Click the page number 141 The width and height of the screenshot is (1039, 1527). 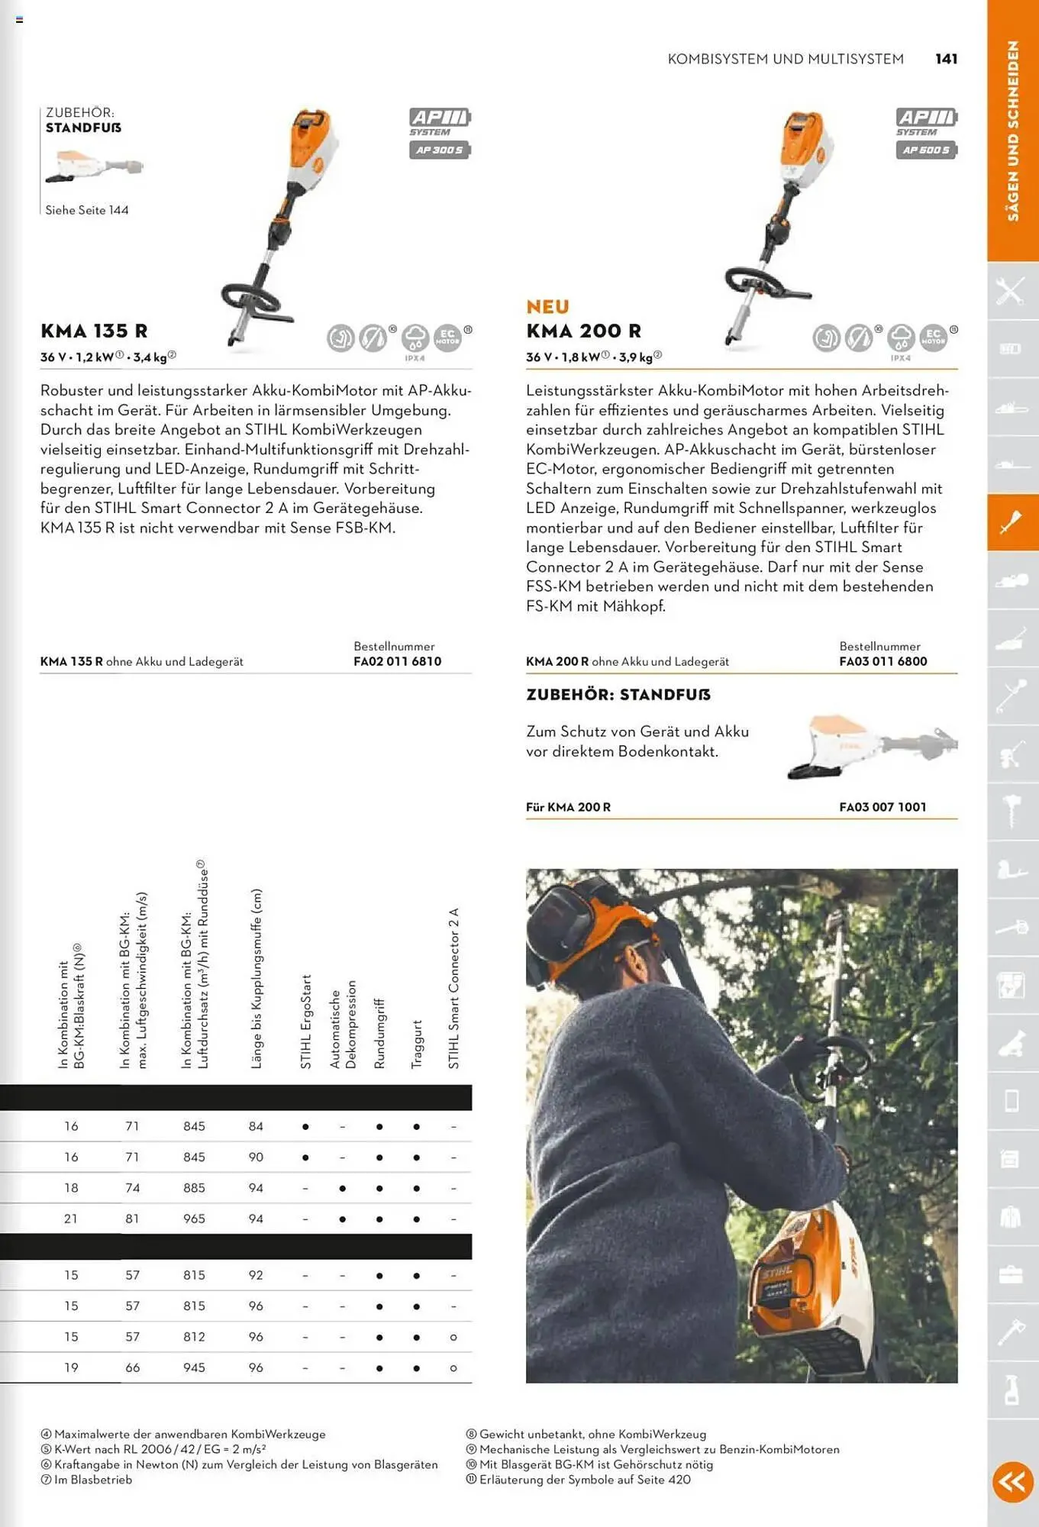click(946, 59)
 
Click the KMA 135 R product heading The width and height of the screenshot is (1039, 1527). click(94, 331)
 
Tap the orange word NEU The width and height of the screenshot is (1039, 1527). click(547, 307)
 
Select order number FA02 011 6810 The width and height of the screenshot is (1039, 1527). click(397, 661)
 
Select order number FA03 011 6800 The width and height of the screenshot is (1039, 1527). click(883, 661)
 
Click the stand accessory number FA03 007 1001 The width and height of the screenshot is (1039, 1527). click(883, 807)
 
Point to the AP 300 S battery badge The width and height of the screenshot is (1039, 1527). click(440, 150)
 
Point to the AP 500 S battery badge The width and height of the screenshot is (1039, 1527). click(926, 150)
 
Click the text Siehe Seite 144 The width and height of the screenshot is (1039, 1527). click(86, 210)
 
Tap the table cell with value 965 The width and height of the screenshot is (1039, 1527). click(194, 1219)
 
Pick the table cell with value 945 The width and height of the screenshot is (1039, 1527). click(194, 1367)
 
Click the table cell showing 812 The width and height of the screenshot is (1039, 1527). click(194, 1337)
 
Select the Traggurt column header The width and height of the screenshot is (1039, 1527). click(417, 1044)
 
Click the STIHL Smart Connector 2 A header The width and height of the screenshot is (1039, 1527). click(453, 989)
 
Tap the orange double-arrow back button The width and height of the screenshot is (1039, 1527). click(1012, 1481)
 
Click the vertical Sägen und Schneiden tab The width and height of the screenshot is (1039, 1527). click(1012, 131)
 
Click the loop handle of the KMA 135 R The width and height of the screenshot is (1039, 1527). click(252, 295)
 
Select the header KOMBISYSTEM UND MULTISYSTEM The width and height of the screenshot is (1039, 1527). click(785, 59)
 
